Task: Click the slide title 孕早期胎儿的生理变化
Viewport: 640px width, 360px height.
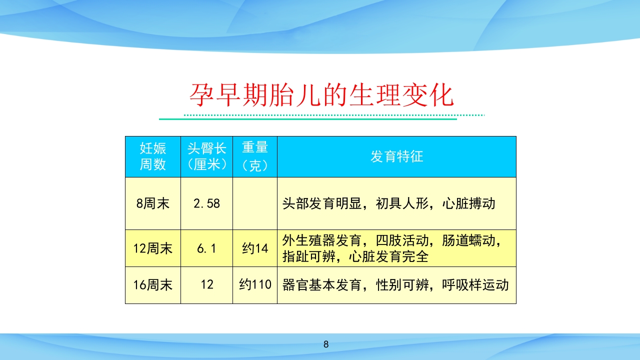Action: tap(321, 95)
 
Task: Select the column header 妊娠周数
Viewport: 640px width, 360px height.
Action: tap(152, 156)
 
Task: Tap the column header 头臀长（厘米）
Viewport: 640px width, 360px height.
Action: tap(206, 156)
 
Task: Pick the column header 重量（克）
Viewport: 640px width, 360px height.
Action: tap(255, 156)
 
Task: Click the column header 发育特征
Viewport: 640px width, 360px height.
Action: tap(396, 156)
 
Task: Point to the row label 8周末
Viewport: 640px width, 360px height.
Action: tap(152, 203)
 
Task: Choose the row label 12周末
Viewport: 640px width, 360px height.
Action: tap(152, 248)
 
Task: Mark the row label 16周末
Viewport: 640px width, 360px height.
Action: tap(152, 285)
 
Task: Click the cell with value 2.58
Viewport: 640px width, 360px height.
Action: tap(206, 203)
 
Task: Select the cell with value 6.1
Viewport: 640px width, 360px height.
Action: tap(206, 248)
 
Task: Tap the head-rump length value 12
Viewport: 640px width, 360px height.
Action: tap(206, 285)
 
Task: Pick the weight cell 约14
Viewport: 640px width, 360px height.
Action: tap(255, 248)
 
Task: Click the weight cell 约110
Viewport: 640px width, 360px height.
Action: tap(255, 285)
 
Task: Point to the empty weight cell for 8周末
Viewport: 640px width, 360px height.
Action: tap(255, 203)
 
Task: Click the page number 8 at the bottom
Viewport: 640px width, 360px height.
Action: tap(326, 344)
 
